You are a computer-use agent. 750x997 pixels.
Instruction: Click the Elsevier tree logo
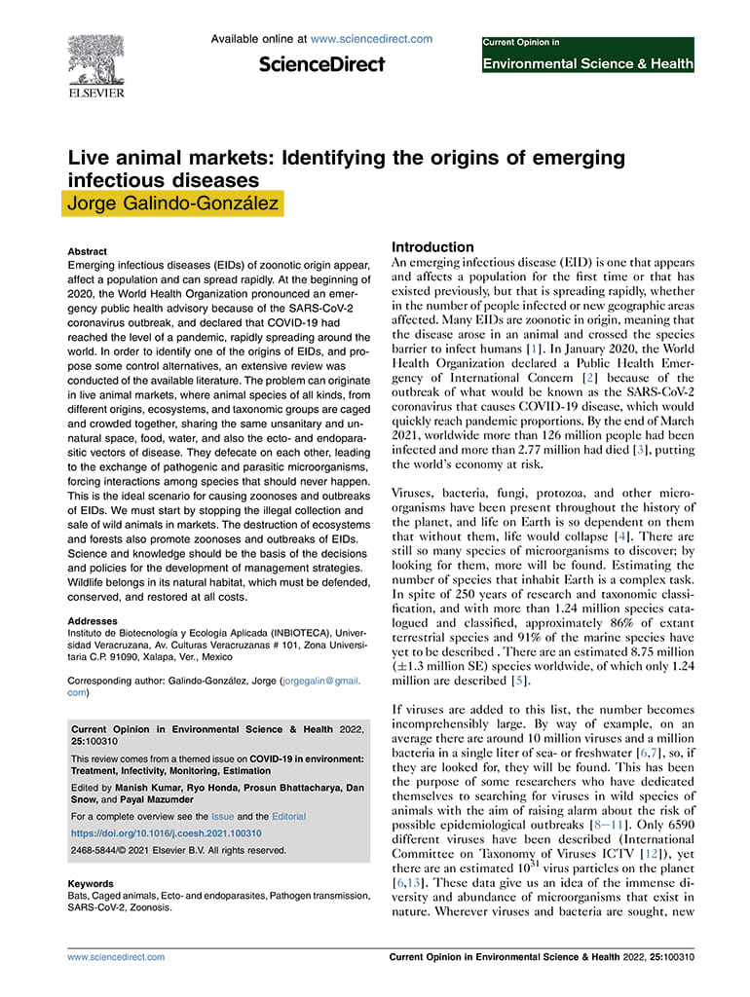(95, 60)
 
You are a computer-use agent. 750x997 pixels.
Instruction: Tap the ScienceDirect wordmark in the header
(321, 64)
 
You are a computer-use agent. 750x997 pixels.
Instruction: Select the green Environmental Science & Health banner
(587, 64)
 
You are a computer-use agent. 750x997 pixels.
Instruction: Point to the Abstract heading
(88, 251)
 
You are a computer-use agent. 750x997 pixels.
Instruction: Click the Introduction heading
(432, 247)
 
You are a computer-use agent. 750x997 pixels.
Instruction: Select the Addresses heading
(94, 620)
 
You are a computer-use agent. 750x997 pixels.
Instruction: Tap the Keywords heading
(93, 884)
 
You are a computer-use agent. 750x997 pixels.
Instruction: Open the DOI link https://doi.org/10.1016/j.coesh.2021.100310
(167, 833)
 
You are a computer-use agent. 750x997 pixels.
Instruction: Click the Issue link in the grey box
(222, 816)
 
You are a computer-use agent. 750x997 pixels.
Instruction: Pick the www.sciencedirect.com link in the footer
(116, 957)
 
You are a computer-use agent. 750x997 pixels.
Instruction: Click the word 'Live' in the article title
(86, 158)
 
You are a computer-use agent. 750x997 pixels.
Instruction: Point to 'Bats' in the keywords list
(78, 896)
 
